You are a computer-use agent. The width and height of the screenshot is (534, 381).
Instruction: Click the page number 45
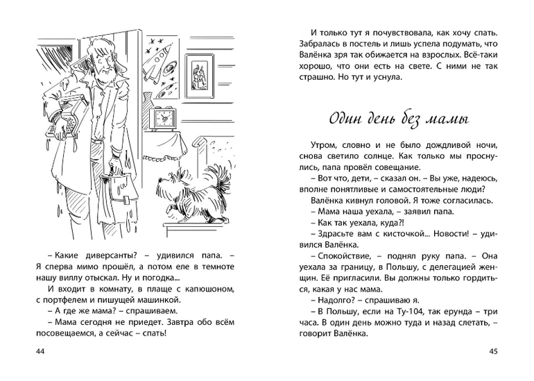coord(493,352)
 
